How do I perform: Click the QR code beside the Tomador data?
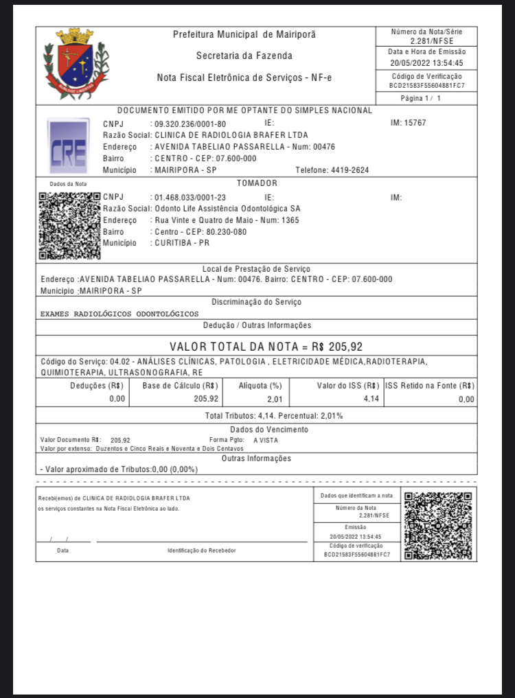click(69, 225)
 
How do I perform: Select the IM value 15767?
click(416, 123)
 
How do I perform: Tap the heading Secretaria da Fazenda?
click(244, 56)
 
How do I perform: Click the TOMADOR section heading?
click(257, 183)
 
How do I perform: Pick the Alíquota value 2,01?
click(274, 399)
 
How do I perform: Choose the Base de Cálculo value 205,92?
click(206, 398)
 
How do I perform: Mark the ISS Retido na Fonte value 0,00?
click(466, 399)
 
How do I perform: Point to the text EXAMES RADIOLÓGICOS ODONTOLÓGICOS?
click(119, 314)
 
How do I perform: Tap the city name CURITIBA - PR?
click(182, 243)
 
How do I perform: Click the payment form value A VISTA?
click(266, 440)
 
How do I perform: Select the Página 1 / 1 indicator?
click(426, 99)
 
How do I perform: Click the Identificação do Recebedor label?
click(202, 550)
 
